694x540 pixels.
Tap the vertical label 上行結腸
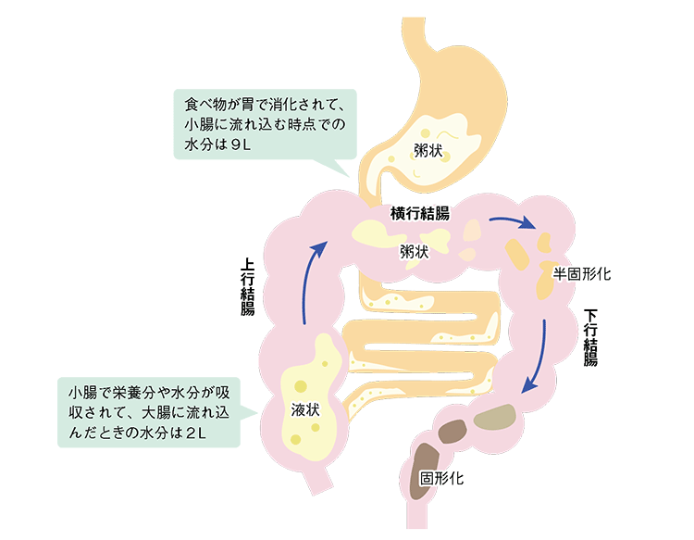click(x=247, y=287)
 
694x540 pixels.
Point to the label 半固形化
click(x=582, y=274)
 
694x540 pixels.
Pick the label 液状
click(x=304, y=408)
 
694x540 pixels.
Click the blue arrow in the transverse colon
click(x=513, y=221)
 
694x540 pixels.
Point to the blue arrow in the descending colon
click(x=536, y=357)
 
